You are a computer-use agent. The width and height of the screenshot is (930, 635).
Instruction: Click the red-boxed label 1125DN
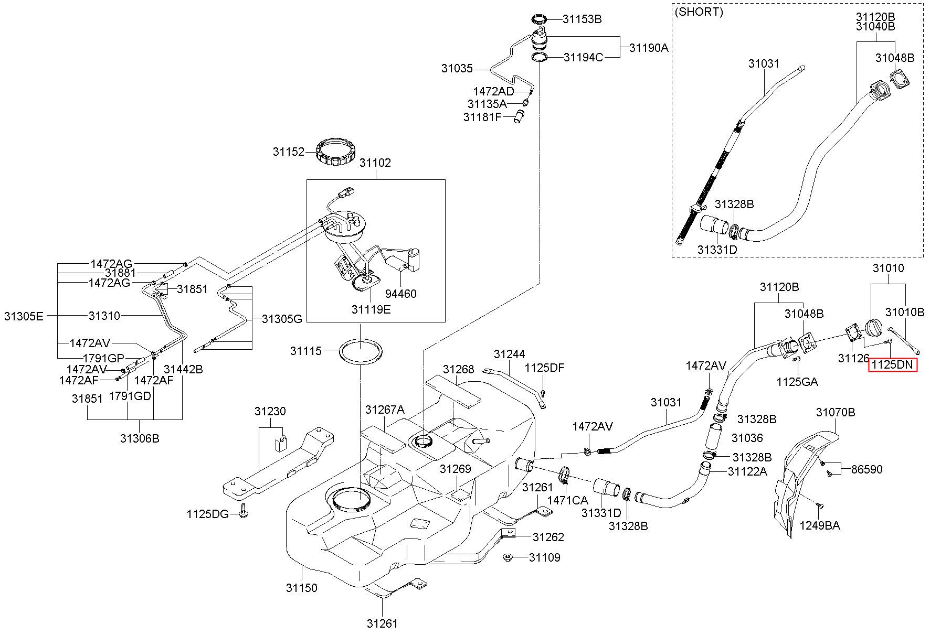point(893,364)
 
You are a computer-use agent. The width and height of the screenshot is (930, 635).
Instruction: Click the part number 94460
point(400,294)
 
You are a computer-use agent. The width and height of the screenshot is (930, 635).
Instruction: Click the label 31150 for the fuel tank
point(301,588)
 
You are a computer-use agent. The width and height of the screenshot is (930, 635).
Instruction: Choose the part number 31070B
point(835,412)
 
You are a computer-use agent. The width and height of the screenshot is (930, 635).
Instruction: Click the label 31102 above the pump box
point(375,163)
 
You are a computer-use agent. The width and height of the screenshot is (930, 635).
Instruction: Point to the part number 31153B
point(582,19)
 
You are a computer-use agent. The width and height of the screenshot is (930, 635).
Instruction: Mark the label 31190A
point(649,48)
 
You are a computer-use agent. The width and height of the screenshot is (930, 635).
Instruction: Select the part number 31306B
point(140,438)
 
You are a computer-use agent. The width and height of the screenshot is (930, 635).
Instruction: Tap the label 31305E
point(24,316)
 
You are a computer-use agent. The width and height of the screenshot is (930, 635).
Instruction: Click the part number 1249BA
point(819,525)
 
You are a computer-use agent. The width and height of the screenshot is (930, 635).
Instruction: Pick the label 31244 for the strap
point(509,354)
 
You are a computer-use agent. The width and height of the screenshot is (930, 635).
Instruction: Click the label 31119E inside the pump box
point(371,309)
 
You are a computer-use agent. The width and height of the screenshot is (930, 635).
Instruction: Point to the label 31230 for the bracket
point(270,411)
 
